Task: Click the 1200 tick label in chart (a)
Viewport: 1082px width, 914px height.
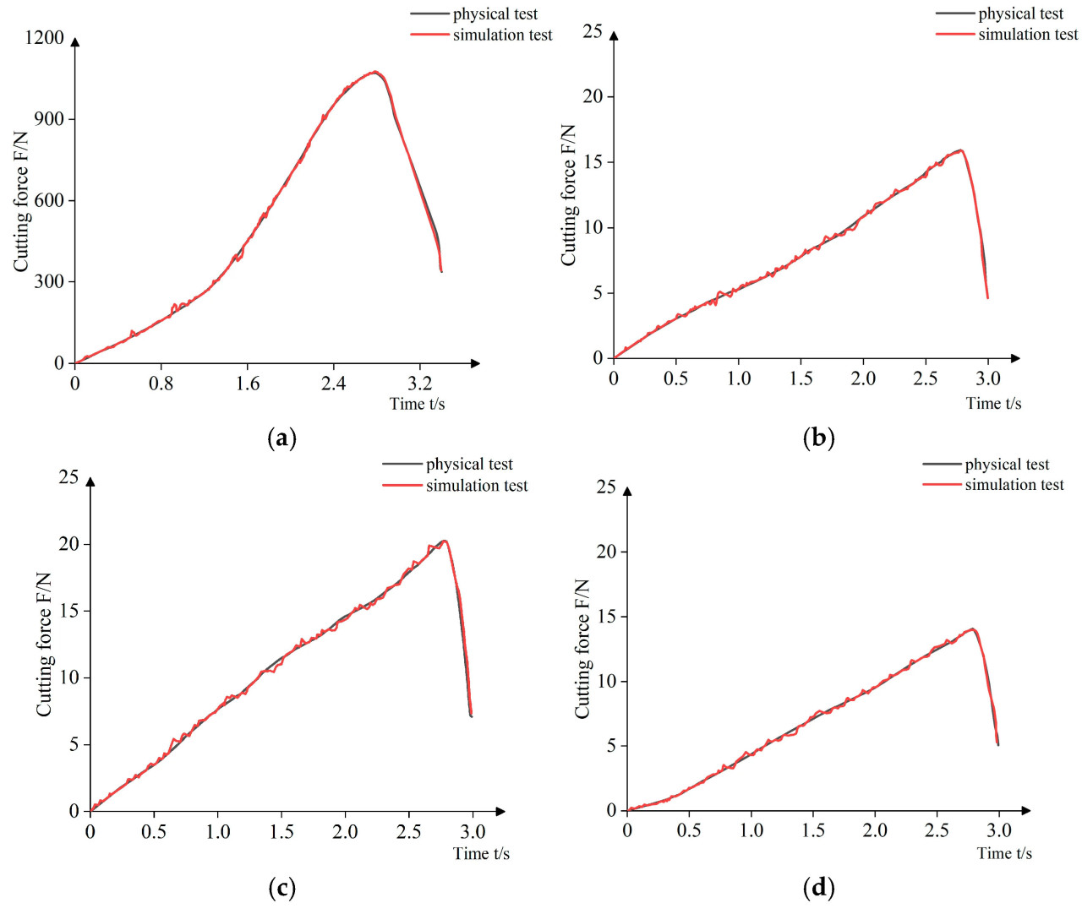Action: [44, 37]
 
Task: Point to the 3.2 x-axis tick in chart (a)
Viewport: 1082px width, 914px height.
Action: [419, 384]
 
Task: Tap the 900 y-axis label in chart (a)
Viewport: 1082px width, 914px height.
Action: [49, 119]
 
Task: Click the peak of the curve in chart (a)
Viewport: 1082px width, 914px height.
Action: [374, 73]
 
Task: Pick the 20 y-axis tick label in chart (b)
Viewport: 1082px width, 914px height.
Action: [593, 96]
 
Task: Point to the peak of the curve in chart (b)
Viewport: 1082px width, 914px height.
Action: [960, 150]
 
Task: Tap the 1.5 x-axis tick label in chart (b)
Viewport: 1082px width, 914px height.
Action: [801, 378]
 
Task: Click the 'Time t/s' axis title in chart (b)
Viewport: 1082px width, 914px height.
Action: [993, 404]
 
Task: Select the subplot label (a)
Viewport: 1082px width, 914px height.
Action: [281, 438]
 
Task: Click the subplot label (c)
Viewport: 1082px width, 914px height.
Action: [281, 888]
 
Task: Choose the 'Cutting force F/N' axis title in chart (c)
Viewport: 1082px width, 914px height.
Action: [44, 645]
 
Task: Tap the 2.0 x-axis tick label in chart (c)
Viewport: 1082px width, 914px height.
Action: [345, 831]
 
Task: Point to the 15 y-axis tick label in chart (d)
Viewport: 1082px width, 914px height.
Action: [606, 617]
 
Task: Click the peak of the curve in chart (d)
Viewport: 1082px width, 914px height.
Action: [973, 629]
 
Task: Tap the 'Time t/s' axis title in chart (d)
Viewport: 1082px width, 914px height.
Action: [1004, 853]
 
